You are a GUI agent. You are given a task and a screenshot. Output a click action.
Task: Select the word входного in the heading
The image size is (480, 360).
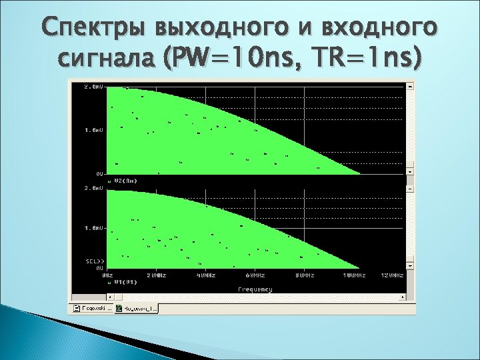[377, 31]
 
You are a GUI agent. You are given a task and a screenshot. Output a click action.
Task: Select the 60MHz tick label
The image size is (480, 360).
[255, 275]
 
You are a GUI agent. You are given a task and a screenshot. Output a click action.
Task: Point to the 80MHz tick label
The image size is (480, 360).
[304, 275]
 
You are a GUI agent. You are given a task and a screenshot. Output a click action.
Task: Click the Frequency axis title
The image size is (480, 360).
[255, 289]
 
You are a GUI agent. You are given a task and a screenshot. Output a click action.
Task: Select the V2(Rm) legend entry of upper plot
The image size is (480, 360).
[125, 180]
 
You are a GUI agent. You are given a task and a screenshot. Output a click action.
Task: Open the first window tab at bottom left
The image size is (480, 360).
[92, 309]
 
